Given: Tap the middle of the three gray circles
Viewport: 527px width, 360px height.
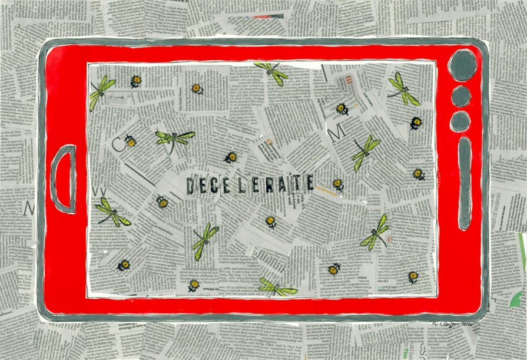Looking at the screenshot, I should click(x=460, y=96).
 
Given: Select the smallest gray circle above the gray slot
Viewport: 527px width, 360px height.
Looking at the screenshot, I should click(x=460, y=121).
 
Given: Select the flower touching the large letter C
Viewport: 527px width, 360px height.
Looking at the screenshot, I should click(x=130, y=141).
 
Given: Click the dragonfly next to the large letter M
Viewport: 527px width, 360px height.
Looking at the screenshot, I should click(x=366, y=151).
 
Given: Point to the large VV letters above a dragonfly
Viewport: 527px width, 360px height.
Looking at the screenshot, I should click(x=99, y=191).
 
